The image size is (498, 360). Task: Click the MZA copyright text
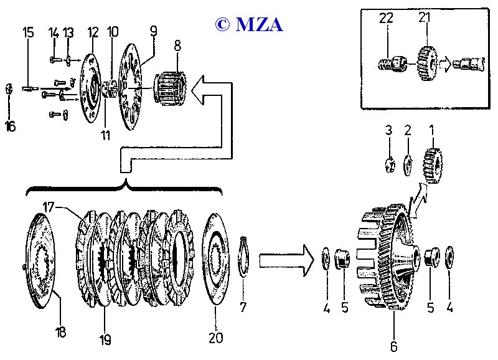tap(248, 24)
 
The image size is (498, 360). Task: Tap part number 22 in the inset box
tap(387, 18)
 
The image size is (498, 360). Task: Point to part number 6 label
tap(393, 347)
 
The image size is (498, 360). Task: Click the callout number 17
tap(49, 206)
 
